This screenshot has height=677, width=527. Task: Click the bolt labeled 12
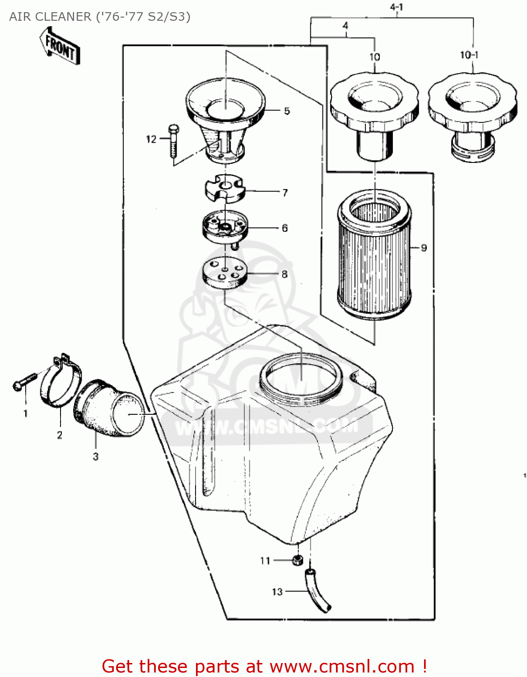[x=173, y=141]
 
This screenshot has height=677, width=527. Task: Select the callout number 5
[x=287, y=111]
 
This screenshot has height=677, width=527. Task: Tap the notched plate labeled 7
[x=224, y=188]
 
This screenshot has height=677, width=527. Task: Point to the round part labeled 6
[x=225, y=227]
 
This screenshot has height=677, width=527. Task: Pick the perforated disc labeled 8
[x=224, y=272]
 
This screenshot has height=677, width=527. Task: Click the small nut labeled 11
[x=297, y=560]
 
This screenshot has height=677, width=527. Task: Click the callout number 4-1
[x=396, y=7]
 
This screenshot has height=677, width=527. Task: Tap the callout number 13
[x=277, y=591]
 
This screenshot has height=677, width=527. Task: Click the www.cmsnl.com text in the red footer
[x=342, y=666]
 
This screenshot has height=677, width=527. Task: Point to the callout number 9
[x=424, y=248]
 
